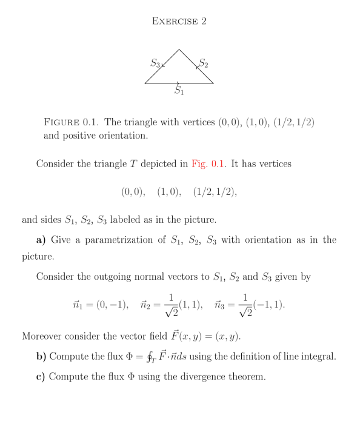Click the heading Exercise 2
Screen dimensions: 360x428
[179, 22]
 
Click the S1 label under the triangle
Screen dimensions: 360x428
[179, 91]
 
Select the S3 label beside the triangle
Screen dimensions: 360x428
[155, 62]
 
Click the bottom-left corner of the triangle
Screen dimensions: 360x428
[145, 84]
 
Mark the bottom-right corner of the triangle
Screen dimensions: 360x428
[213, 84]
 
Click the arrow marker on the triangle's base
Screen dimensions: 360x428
[178, 84]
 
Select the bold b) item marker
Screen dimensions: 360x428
[41, 356]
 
